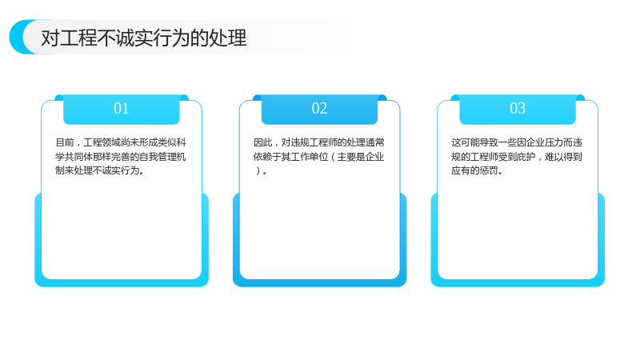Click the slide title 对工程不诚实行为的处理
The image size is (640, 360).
(x=144, y=38)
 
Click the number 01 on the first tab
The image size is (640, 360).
(x=122, y=108)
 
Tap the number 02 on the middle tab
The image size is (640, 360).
(x=319, y=108)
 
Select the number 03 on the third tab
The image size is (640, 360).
(x=518, y=108)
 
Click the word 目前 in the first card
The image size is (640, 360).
(x=65, y=142)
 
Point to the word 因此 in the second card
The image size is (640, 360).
(x=263, y=142)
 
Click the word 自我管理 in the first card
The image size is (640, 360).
(x=158, y=157)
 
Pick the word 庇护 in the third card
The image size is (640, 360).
(x=526, y=157)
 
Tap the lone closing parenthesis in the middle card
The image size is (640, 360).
(x=258, y=170)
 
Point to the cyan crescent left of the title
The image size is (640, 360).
(x=17, y=37)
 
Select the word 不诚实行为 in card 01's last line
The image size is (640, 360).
(x=116, y=170)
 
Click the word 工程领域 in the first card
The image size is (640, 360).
(x=102, y=142)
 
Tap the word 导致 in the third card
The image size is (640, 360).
(x=489, y=142)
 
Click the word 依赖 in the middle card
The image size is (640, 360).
(x=263, y=157)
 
